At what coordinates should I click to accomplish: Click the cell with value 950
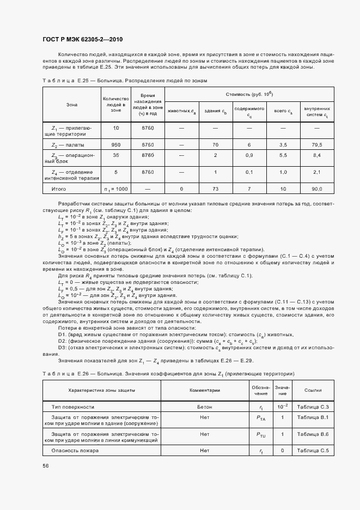115,145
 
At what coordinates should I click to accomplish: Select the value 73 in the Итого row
216,189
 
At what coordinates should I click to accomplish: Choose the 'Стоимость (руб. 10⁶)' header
249,94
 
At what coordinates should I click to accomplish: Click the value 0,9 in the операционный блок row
249,155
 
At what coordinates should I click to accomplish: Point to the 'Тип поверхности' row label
72,407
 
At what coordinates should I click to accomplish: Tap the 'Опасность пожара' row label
75,451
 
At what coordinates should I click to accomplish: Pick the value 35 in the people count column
115,155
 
